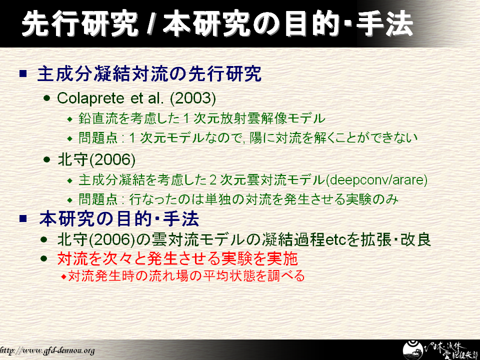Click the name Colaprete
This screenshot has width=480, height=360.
click(91, 98)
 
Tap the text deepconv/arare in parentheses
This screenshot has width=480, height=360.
click(376, 179)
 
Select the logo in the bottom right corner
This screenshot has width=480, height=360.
click(440, 350)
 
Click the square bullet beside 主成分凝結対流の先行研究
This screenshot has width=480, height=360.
click(23, 73)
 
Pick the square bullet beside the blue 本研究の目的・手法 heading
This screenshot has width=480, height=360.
click(23, 218)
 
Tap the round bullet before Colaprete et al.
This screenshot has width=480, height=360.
click(46, 98)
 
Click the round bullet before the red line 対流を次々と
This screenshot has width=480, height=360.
click(44, 258)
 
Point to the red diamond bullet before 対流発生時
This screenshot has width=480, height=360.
click(63, 276)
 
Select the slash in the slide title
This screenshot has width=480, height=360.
click(149, 23)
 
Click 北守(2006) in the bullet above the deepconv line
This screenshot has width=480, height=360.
click(96, 159)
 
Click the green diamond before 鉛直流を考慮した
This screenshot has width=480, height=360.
click(70, 119)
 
